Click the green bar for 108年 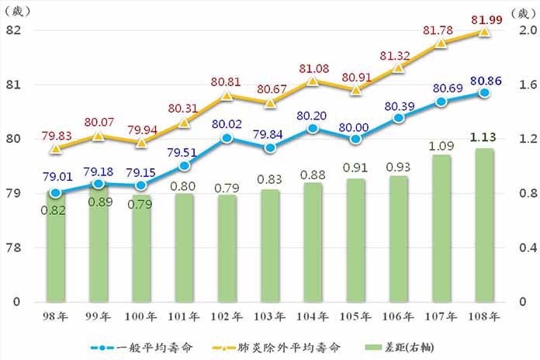pos(484,225)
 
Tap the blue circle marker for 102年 pos(227,138)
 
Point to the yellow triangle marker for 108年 pos(484,32)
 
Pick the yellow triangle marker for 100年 pos(141,143)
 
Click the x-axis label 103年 pos(269,317)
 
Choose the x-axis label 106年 pos(398,317)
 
